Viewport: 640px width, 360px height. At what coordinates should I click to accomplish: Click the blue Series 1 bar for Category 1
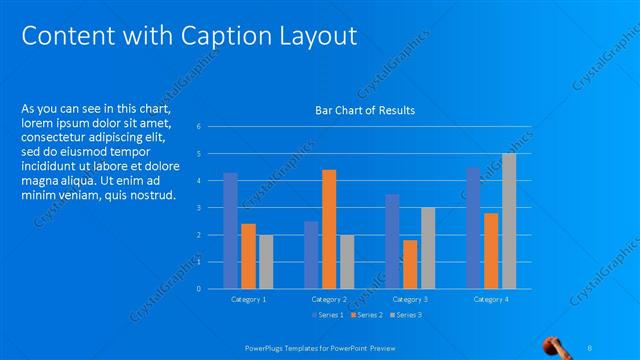(x=230, y=231)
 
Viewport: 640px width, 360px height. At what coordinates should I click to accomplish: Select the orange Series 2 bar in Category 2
(x=329, y=229)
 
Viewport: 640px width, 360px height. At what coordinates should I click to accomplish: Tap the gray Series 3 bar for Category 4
(x=509, y=221)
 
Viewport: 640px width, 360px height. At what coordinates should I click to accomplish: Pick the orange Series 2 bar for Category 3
(x=410, y=264)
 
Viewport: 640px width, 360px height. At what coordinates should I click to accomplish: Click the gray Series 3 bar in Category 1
(x=266, y=262)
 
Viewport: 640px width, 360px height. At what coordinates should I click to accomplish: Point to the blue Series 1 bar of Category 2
(x=311, y=255)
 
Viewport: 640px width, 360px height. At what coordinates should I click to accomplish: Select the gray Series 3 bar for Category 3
(x=428, y=248)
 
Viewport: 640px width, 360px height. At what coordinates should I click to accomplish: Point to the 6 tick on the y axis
(x=200, y=127)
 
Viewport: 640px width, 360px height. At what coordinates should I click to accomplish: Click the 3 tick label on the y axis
(x=200, y=208)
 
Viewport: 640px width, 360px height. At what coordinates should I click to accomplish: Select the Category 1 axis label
(x=248, y=299)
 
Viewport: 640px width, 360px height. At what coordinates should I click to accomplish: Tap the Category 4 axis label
(x=491, y=299)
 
